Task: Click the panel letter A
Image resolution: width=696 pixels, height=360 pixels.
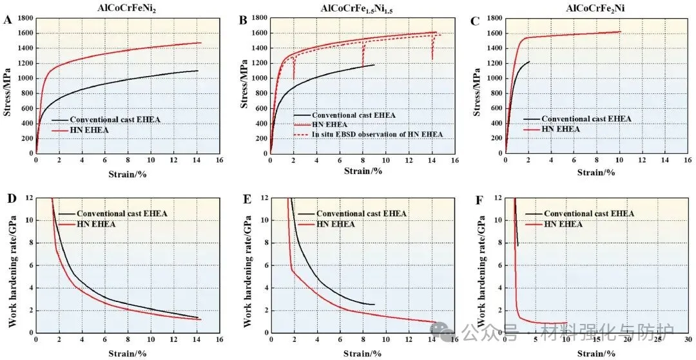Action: [8, 21]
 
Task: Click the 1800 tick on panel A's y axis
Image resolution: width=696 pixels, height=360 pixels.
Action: [25, 18]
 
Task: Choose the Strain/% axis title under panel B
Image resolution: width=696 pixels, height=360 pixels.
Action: [363, 171]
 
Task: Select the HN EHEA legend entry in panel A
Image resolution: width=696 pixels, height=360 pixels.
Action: [94, 131]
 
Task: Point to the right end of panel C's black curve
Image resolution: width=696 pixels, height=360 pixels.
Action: [529, 62]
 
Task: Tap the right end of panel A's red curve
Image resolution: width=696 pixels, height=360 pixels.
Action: [200, 43]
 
